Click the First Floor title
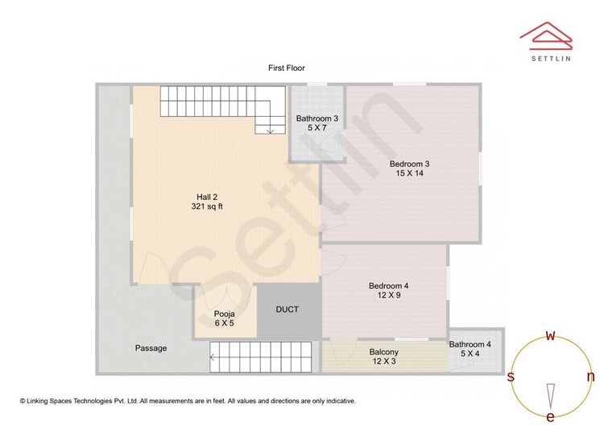(x=287, y=69)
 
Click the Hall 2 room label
(x=208, y=197)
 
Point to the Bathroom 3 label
(x=317, y=119)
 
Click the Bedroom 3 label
(x=410, y=164)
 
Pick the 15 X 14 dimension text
(x=410, y=173)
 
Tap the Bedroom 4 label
(x=389, y=285)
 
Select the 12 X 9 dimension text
(x=389, y=296)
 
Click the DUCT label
(x=288, y=310)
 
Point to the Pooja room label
(x=224, y=314)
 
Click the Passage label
(x=151, y=348)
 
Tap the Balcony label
(x=384, y=352)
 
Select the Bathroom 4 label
(x=475, y=344)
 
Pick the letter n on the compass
(x=590, y=377)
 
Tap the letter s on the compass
(x=511, y=377)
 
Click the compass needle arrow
(x=551, y=395)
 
